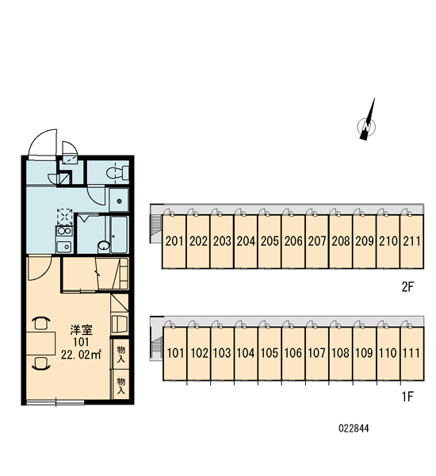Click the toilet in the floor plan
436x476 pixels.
(117, 172)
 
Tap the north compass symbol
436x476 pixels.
(367, 122)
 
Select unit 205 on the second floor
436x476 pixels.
(270, 242)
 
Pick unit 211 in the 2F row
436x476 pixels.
(411, 242)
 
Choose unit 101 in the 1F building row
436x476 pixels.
(175, 353)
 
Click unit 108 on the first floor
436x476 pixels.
(340, 353)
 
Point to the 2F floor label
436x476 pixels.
(407, 287)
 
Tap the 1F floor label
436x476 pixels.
(407, 397)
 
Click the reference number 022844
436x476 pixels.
(354, 428)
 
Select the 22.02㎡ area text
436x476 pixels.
(81, 355)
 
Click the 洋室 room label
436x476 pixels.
(81, 330)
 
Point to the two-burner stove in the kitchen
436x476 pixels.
(64, 231)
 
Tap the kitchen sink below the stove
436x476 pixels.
(64, 246)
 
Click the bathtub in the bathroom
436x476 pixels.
(119, 234)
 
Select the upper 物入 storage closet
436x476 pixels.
(120, 355)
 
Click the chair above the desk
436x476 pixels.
(41, 323)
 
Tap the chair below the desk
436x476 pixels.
(41, 363)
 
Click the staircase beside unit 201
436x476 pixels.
(156, 225)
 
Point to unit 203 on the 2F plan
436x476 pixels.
(222, 242)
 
